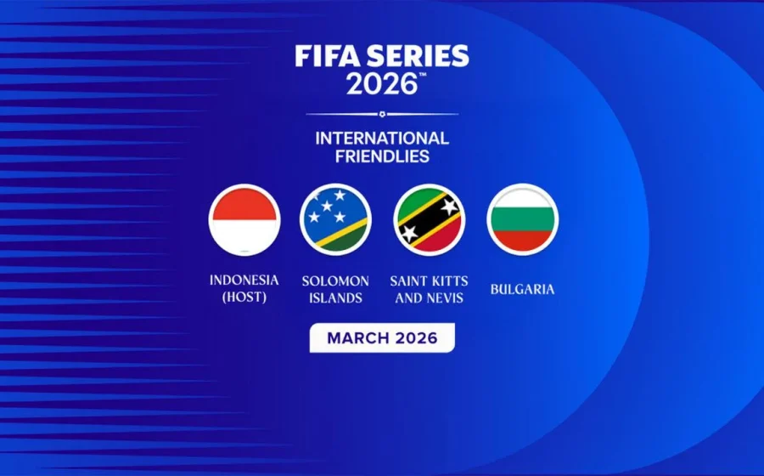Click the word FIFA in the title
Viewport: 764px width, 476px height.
pyautogui.click(x=323, y=57)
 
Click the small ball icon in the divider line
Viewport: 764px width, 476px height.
pyautogui.click(x=382, y=114)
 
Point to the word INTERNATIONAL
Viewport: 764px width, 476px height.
pyautogui.click(x=382, y=138)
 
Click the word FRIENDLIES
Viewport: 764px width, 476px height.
pyautogui.click(x=382, y=156)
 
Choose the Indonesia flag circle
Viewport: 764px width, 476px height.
pyautogui.click(x=244, y=219)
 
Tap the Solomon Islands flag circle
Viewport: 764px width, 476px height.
pyautogui.click(x=336, y=219)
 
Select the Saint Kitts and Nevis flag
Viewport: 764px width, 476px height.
pyautogui.click(x=429, y=219)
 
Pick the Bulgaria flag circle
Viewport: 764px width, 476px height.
pyautogui.click(x=522, y=219)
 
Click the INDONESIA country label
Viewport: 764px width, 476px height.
pyautogui.click(x=244, y=280)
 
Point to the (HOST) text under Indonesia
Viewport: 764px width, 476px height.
pyautogui.click(x=244, y=297)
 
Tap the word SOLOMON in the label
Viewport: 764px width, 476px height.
pyautogui.click(x=336, y=280)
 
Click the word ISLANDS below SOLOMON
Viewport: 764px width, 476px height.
pyautogui.click(x=336, y=297)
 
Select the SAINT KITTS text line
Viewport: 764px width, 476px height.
pyautogui.click(x=429, y=280)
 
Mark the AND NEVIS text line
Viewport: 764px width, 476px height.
pyautogui.click(x=429, y=297)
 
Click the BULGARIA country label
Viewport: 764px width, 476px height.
pyautogui.click(x=522, y=289)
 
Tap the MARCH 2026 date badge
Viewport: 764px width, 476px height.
pyautogui.click(x=382, y=337)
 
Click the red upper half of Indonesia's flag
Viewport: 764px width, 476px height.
pyautogui.click(x=244, y=204)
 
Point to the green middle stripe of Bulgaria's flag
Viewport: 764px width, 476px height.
pyautogui.click(x=522, y=219)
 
